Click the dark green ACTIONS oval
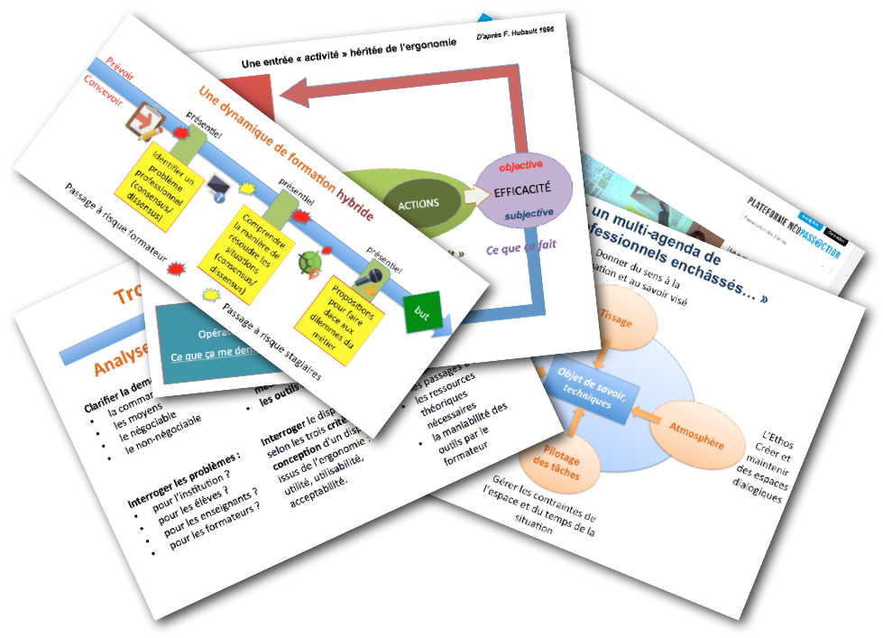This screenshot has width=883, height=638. (x=417, y=203)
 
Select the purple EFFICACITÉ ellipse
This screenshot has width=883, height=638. (x=523, y=190)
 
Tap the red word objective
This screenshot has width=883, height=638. (x=520, y=165)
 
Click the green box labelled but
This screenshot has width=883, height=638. (x=421, y=311)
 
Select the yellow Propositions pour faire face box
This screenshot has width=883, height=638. (x=344, y=313)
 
